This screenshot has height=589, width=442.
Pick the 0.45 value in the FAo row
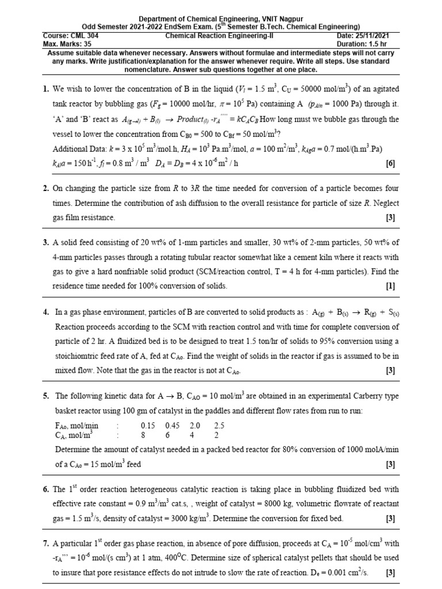[174, 426]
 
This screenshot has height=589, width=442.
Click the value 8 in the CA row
[145, 435]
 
